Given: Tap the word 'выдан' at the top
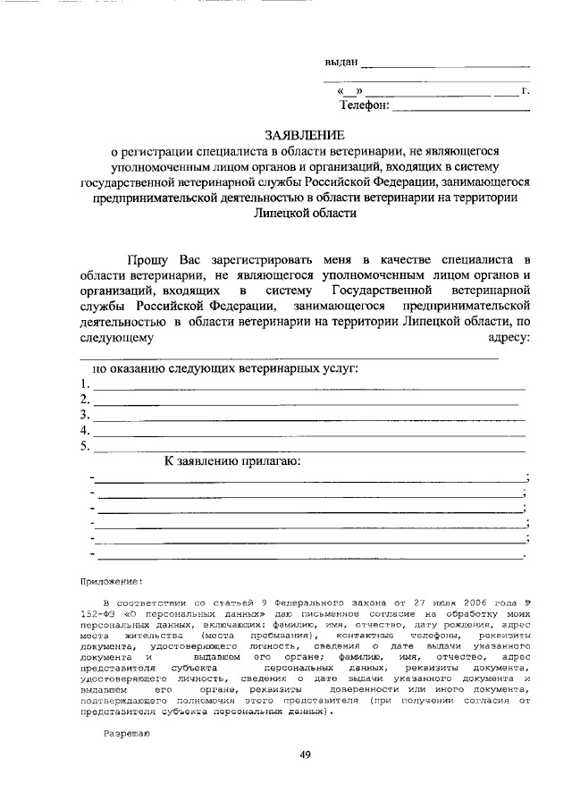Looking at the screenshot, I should tap(341, 62).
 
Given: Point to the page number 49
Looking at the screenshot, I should tap(304, 755).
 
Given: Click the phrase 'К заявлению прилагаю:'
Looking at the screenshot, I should tap(231, 462).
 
